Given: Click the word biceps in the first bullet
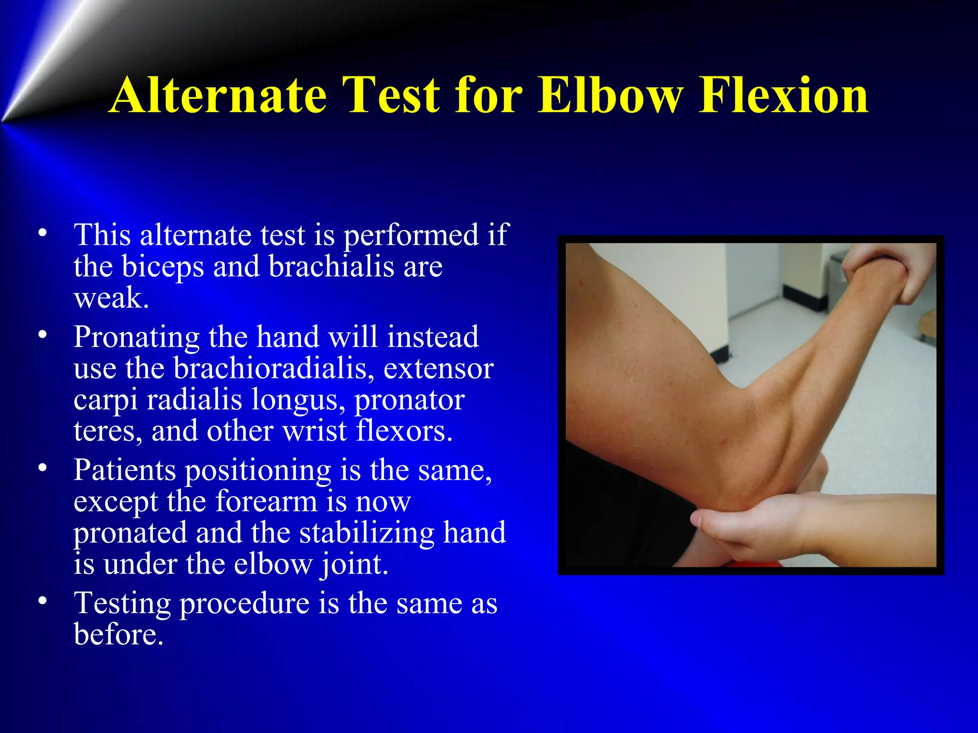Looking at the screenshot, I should tap(162, 267).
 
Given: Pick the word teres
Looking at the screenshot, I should tap(107, 431).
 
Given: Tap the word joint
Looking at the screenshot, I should tap(354, 564).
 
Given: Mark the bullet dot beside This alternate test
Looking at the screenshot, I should tap(43, 233).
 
